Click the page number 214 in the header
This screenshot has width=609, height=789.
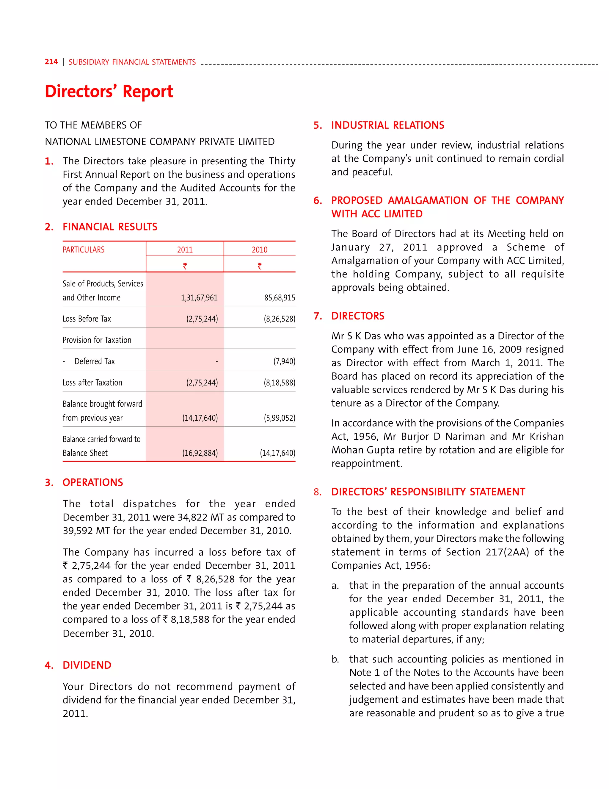(x=51, y=62)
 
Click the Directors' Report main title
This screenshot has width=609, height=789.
(x=109, y=91)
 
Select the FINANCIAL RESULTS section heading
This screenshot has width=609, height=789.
(x=110, y=227)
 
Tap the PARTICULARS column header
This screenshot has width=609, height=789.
(x=83, y=250)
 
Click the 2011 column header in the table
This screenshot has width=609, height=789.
(x=185, y=250)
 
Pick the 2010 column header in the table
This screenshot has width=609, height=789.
(x=259, y=250)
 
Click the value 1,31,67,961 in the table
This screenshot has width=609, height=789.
(x=199, y=298)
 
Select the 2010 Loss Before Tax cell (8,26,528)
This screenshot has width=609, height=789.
(x=279, y=319)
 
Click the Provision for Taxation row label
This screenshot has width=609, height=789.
(x=97, y=340)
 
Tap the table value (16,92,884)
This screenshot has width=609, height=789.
(x=200, y=453)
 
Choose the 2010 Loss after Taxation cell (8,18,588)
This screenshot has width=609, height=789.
(x=279, y=383)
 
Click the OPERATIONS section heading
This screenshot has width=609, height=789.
(x=93, y=483)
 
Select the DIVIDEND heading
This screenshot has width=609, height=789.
(x=87, y=665)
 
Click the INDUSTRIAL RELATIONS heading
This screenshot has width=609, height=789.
(x=388, y=125)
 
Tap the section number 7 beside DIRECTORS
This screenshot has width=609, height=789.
(x=318, y=316)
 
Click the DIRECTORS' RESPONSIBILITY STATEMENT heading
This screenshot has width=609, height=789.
(x=428, y=492)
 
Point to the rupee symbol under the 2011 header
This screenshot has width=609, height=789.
(x=185, y=266)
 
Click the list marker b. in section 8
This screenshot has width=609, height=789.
(x=335, y=659)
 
